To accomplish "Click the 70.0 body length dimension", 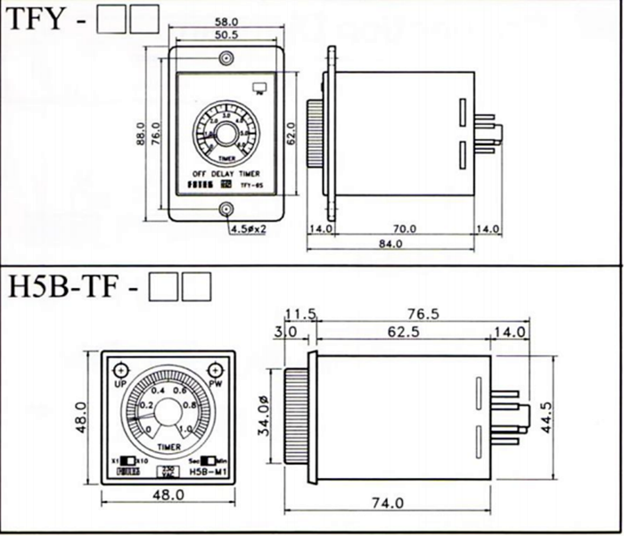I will tap(406, 229).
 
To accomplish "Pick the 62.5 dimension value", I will tap(403, 332).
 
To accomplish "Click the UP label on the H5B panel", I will tap(119, 383).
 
